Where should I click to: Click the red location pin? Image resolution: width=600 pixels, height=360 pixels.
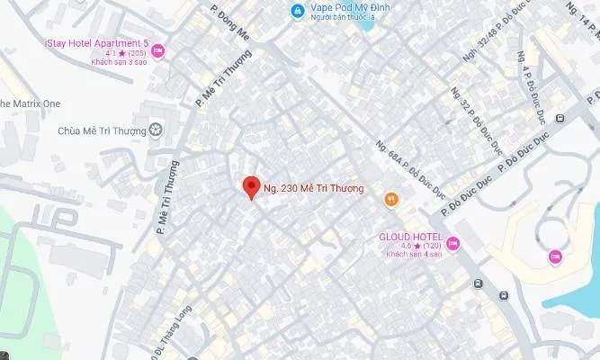point(253,186)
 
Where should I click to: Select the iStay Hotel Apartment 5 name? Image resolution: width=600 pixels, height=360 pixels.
point(95,43)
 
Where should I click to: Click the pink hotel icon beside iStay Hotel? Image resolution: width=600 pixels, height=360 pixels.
point(158,51)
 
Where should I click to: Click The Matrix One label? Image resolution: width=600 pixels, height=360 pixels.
point(30,103)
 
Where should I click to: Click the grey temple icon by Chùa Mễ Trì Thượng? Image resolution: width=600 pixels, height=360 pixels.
point(157,131)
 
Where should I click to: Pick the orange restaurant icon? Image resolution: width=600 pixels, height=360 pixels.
point(390,199)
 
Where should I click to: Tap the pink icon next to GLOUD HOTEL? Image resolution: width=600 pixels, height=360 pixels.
point(452,242)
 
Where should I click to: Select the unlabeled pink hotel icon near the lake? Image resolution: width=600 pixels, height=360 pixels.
point(555,257)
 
